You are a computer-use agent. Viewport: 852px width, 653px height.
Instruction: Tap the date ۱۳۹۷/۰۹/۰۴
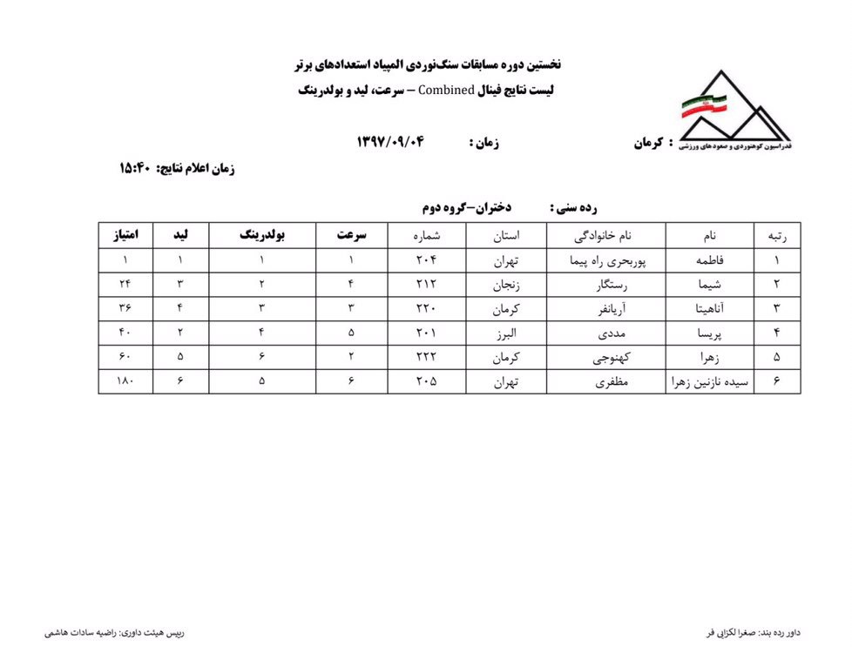tap(389, 142)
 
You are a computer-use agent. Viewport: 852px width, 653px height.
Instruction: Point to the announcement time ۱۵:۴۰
tap(135, 169)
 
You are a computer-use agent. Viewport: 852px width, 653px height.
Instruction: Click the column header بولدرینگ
tap(262, 235)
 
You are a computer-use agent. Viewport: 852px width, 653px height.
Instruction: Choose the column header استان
tap(506, 235)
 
